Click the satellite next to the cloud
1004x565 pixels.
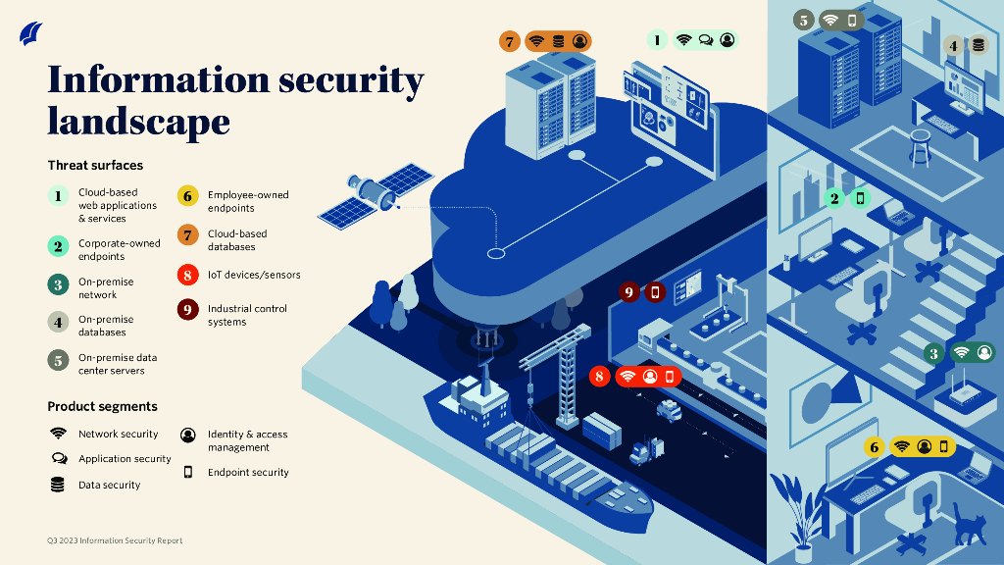[x=376, y=193]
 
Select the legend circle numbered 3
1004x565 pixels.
[x=59, y=285]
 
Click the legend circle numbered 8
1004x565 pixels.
[x=187, y=276]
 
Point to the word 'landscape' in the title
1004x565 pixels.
[x=138, y=122]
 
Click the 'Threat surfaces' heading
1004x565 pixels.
[x=95, y=166]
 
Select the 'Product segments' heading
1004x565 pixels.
[x=102, y=406]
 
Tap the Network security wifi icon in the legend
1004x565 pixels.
[x=58, y=434]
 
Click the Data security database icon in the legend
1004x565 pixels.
[x=58, y=485]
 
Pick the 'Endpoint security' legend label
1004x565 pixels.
[x=248, y=472]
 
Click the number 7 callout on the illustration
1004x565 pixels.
[x=509, y=41]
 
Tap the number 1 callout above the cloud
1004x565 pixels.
[x=657, y=40]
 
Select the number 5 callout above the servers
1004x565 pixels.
[x=804, y=20]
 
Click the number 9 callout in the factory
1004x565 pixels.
[x=628, y=291]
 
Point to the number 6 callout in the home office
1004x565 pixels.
[x=875, y=447]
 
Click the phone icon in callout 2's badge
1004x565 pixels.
[x=860, y=198]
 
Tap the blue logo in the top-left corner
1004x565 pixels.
[x=31, y=34]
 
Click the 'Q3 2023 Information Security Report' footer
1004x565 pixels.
[x=115, y=540]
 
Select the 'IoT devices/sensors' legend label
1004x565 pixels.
[x=254, y=276]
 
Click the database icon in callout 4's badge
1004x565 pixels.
[x=978, y=45]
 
